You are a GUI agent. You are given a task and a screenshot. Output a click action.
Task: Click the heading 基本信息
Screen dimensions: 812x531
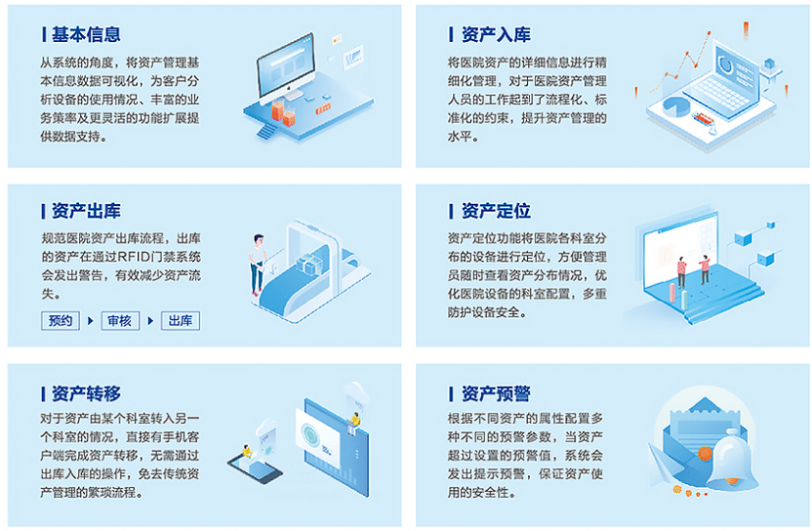pyautogui.click(x=86, y=34)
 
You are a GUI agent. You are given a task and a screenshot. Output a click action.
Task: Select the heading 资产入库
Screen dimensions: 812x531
pyautogui.click(x=496, y=34)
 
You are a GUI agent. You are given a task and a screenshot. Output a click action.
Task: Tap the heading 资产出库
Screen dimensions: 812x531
pyautogui.click(x=86, y=211)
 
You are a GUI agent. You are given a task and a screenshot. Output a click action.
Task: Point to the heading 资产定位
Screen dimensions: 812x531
pyautogui.click(x=496, y=211)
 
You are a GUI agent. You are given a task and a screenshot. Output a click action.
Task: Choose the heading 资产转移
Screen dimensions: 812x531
pyautogui.click(x=86, y=393)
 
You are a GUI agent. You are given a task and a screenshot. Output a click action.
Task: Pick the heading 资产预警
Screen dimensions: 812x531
pyautogui.click(x=496, y=393)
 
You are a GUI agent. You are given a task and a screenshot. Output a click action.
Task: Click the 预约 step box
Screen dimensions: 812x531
pyautogui.click(x=61, y=321)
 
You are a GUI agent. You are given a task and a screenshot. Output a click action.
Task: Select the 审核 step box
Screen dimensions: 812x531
pyautogui.click(x=120, y=321)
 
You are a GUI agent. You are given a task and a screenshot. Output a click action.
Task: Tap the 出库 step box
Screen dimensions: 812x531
pyautogui.click(x=181, y=321)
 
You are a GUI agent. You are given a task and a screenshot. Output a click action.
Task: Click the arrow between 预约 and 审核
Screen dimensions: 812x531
pyautogui.click(x=90, y=321)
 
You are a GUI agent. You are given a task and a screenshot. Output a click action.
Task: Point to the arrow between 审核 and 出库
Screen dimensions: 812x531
pyautogui.click(x=150, y=321)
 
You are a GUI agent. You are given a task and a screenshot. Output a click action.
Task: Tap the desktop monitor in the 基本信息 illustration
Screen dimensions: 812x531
pyautogui.click(x=286, y=67)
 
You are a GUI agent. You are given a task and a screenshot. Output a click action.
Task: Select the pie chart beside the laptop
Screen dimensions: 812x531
pyautogui.click(x=675, y=106)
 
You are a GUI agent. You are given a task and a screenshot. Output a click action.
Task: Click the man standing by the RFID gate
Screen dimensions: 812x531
pyautogui.click(x=258, y=265)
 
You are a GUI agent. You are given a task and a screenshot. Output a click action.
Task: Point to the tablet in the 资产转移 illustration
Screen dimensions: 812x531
pyautogui.click(x=256, y=468)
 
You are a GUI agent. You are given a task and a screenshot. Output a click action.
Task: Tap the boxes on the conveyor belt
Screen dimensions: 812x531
pyautogui.click(x=309, y=265)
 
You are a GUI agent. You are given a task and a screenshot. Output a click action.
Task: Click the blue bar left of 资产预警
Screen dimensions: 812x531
pyautogui.click(x=451, y=393)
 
